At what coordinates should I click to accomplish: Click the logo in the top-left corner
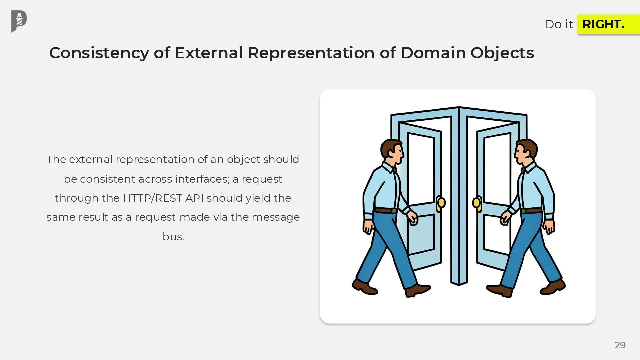pyautogui.click(x=19, y=21)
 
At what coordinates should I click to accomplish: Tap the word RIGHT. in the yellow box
pyautogui.click(x=603, y=24)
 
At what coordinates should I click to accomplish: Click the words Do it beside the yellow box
pyautogui.click(x=558, y=24)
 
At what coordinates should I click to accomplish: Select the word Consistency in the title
pyautogui.click(x=99, y=53)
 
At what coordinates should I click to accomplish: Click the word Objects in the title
pyautogui.click(x=502, y=53)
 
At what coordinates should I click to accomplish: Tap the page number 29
pyautogui.click(x=620, y=345)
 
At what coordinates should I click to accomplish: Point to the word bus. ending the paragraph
pyautogui.click(x=173, y=237)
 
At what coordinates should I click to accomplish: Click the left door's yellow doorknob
pyautogui.click(x=441, y=202)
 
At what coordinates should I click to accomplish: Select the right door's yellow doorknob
pyautogui.click(x=477, y=202)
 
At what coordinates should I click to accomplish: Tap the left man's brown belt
pyautogui.click(x=385, y=210)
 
